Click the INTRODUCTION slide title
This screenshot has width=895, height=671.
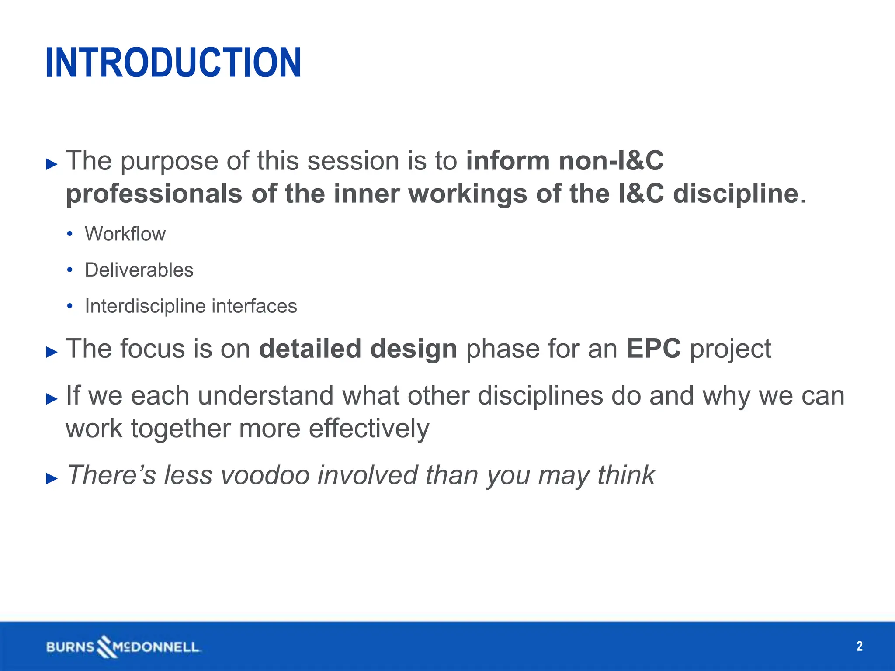point(173,63)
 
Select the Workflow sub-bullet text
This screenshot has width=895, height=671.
point(125,234)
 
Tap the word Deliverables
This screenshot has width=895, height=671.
point(139,270)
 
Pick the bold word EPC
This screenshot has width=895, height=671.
point(653,349)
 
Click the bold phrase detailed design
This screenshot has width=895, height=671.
point(358,349)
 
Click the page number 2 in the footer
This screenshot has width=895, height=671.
point(859,646)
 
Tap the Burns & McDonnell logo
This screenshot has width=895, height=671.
point(123,647)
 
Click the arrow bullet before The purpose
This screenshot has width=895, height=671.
point(52,164)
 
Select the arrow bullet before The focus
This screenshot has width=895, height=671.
point(52,352)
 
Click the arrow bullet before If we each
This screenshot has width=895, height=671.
point(52,399)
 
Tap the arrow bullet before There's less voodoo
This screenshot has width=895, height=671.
point(52,478)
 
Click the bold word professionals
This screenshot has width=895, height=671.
point(154,194)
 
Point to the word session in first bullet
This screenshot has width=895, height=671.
point(353,161)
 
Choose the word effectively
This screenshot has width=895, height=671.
point(369,429)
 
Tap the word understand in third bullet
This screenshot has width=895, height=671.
point(265,396)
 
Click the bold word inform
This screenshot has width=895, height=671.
point(508,161)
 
